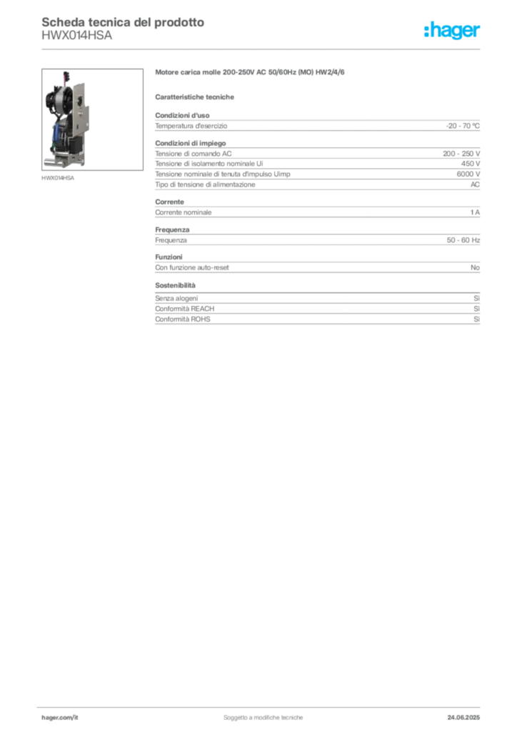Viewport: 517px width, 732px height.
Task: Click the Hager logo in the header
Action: pos(452,30)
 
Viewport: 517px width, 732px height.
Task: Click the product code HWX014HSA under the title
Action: pos(77,36)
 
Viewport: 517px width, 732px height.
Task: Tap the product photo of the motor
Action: pos(92,119)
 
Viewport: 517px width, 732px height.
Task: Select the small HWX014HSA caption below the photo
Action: pos(58,178)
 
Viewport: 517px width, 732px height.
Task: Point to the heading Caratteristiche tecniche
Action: pos(194,97)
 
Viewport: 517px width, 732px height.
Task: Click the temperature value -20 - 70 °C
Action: pos(463,126)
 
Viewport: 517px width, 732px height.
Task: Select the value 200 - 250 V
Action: pos(461,154)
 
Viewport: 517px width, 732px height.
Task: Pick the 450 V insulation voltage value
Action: pos(471,164)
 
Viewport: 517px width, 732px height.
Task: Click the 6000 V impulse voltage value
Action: pos(468,174)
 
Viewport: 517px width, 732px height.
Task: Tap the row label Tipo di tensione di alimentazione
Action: pos(205,184)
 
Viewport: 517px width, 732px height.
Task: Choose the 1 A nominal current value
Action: pos(475,212)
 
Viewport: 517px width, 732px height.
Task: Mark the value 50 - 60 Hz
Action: pos(463,240)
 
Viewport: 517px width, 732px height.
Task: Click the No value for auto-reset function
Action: pos(475,267)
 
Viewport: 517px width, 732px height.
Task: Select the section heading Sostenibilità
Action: pos(175,285)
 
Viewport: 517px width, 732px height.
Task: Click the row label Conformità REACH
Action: pos(185,309)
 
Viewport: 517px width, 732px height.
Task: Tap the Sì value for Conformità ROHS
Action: pos(476,320)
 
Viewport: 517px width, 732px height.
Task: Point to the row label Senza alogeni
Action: pos(176,298)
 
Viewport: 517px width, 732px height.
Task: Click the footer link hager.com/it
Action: pos(60,718)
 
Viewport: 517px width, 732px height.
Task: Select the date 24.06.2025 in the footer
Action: pos(463,718)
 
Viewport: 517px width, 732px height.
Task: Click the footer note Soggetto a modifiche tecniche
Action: pos(263,718)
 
